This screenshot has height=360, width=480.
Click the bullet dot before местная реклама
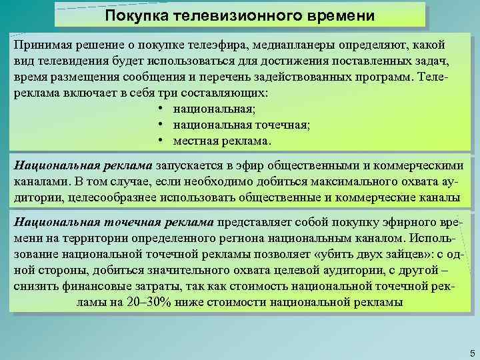point(162,141)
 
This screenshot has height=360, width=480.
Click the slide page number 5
point(471,352)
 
